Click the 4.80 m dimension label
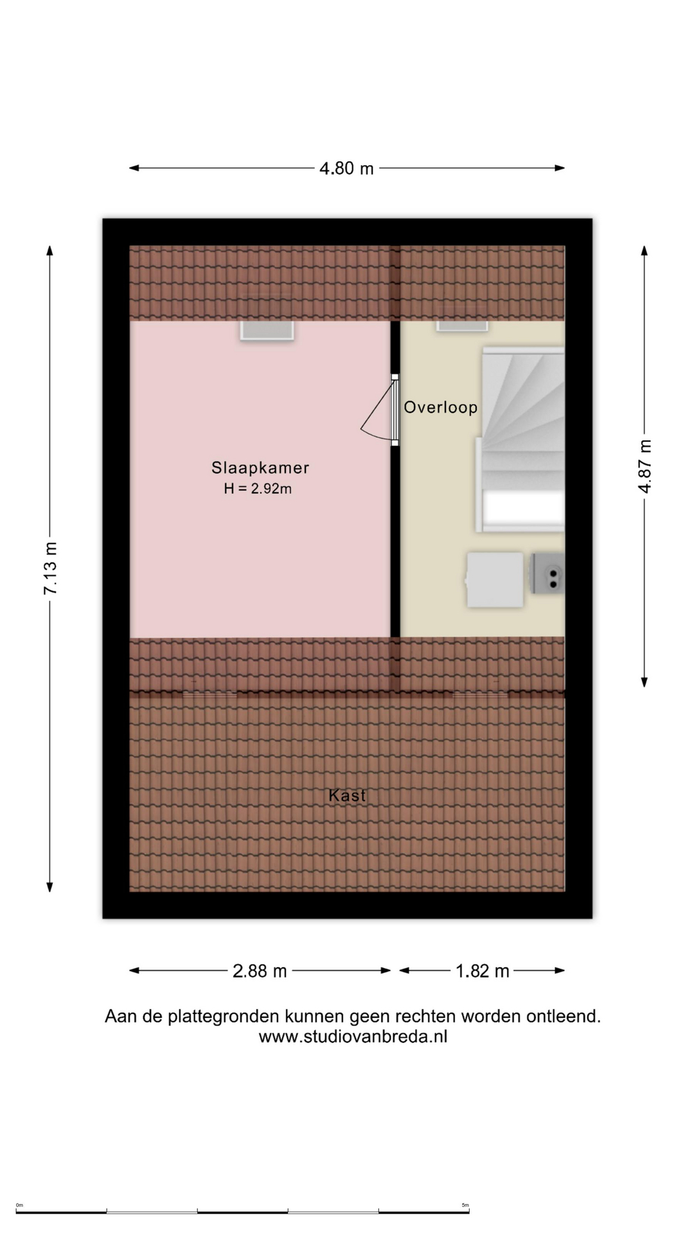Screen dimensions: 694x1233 (x=346, y=168)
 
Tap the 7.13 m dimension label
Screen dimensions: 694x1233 (x=50, y=568)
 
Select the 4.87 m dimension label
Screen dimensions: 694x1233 (x=645, y=467)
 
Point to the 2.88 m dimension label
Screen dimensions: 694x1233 (x=260, y=971)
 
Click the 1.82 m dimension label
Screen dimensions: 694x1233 (x=482, y=971)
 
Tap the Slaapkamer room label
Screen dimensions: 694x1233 (x=260, y=468)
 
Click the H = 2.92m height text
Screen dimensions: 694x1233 (x=258, y=489)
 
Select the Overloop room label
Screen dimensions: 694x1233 (x=441, y=407)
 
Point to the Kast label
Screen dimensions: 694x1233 (x=347, y=795)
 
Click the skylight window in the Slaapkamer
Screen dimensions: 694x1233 (x=267, y=330)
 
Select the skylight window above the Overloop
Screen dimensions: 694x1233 (x=462, y=326)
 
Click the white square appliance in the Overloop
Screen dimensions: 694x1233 (x=494, y=580)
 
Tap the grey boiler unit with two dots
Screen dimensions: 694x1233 (x=547, y=573)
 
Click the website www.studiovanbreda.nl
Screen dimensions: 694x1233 (x=353, y=1036)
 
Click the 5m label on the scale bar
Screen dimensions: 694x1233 (x=465, y=1205)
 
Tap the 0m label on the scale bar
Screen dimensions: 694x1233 (x=19, y=1205)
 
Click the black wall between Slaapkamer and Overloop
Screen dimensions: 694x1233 (x=395, y=478)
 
